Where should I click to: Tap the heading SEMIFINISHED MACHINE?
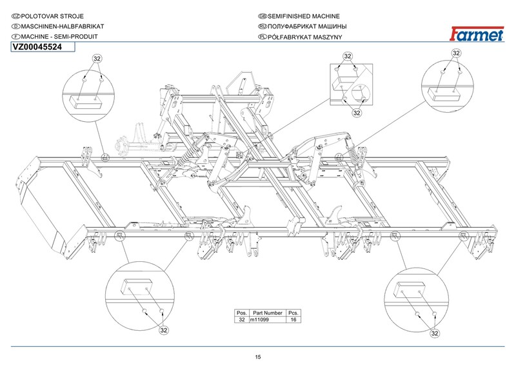tap(304, 15)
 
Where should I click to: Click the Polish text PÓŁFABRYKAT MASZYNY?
tap(303, 37)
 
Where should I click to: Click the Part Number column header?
tap(265, 313)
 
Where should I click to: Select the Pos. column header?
tap(242, 313)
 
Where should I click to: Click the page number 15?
tap(258, 357)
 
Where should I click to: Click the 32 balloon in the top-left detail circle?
tap(98, 58)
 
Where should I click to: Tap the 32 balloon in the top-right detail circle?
tap(456, 53)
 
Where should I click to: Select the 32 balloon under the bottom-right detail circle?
tap(435, 333)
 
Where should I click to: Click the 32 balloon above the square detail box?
tap(348, 56)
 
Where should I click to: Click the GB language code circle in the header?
tap(262, 15)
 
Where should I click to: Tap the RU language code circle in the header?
tap(262, 26)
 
